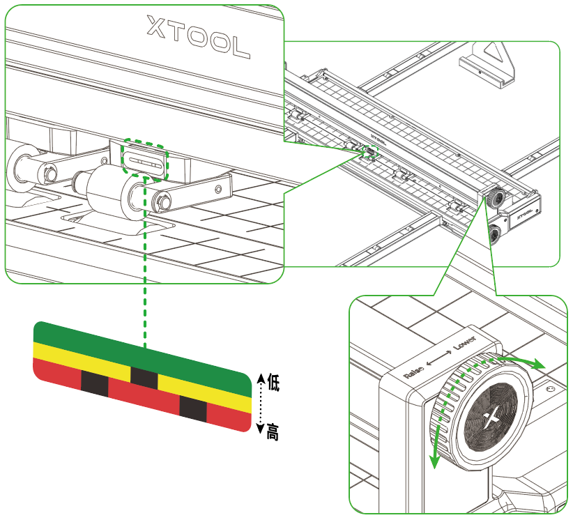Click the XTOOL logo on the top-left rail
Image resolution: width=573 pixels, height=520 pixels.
[x=198, y=38]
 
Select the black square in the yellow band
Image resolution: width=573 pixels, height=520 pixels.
[x=144, y=377]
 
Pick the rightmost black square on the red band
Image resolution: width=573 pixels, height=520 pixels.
[x=193, y=408]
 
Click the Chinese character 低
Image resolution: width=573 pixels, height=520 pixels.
[x=273, y=383]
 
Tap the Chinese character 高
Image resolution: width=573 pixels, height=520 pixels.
[x=273, y=431]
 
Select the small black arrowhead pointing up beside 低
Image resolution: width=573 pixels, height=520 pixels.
[x=259, y=378]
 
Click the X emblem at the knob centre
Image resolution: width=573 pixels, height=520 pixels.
[x=492, y=418]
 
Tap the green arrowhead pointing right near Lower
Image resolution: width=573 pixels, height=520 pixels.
[x=538, y=365]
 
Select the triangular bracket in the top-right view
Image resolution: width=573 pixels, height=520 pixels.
[x=488, y=63]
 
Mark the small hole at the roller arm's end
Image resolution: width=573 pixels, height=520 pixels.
[x=219, y=188]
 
